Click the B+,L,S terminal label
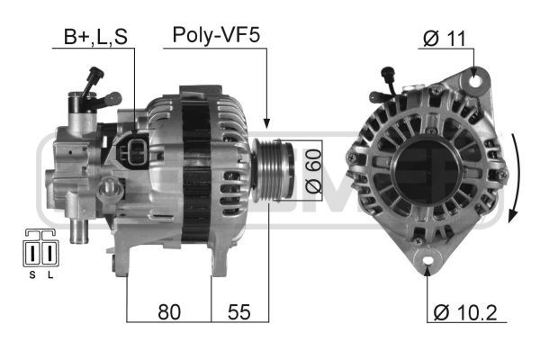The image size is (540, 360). click(x=95, y=37)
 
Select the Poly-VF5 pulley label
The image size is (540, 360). click(x=216, y=35)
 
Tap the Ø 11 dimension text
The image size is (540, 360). click(x=445, y=38)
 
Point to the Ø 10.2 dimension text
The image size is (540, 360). click(x=465, y=312)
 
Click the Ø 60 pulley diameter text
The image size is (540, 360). click(x=314, y=171)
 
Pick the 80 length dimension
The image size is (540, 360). click(x=169, y=312)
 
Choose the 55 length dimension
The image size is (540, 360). click(x=239, y=312)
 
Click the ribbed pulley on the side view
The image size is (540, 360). click(x=273, y=171)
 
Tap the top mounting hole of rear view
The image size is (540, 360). click(x=475, y=81)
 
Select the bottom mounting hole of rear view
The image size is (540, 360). click(x=427, y=260)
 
